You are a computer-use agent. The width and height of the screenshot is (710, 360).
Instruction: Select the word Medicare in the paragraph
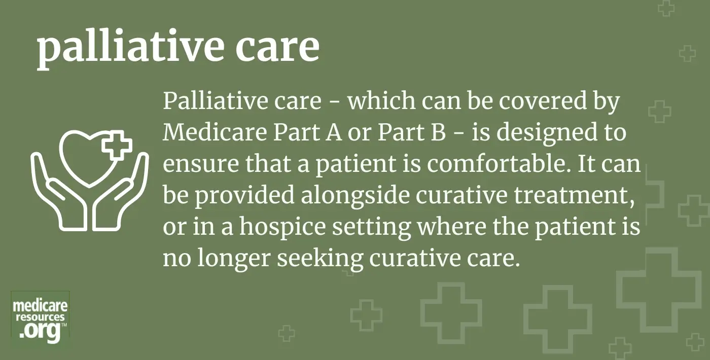point(215,132)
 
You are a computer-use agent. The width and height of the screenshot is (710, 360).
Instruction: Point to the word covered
point(543,101)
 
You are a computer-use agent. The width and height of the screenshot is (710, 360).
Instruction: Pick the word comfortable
point(499,163)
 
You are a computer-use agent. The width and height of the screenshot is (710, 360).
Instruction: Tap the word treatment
point(575,196)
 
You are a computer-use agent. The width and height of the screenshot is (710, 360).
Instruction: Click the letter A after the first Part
point(334,132)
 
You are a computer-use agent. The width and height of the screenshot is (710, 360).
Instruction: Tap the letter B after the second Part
point(439,132)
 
